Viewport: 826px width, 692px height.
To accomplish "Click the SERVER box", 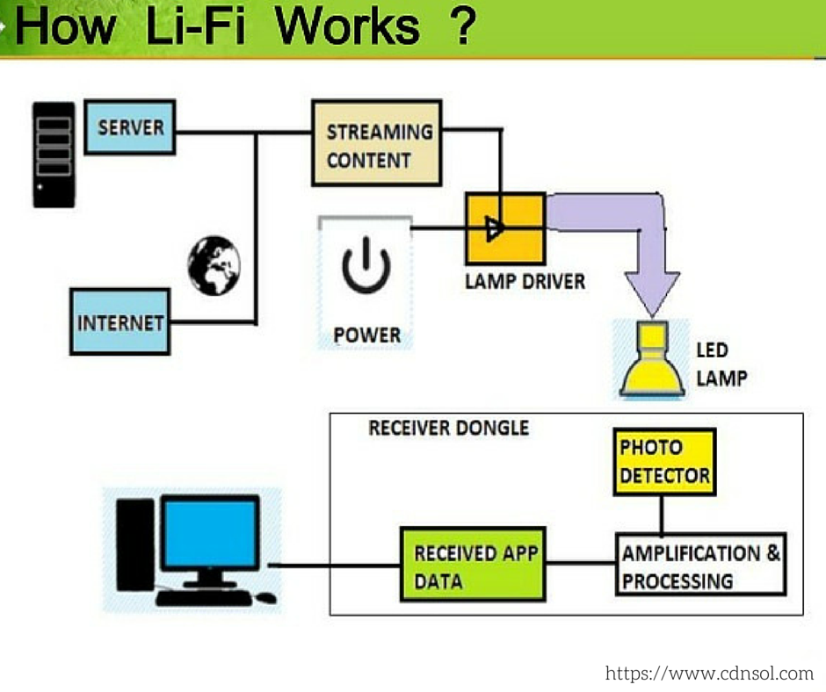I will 130,127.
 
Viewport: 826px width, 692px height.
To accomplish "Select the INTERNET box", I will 120,321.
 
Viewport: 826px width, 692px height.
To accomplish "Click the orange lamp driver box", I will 504,228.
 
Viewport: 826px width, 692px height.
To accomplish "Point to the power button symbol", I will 366,268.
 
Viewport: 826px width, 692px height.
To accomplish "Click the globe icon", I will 214,265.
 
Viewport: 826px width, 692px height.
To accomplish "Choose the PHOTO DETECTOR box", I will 663,461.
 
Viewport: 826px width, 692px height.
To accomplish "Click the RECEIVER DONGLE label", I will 448,428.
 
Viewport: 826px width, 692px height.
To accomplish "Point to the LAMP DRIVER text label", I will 525,282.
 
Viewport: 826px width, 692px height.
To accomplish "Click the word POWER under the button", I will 366,335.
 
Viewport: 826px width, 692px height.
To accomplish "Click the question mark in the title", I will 460,26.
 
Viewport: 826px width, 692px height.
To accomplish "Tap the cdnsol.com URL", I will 709,674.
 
